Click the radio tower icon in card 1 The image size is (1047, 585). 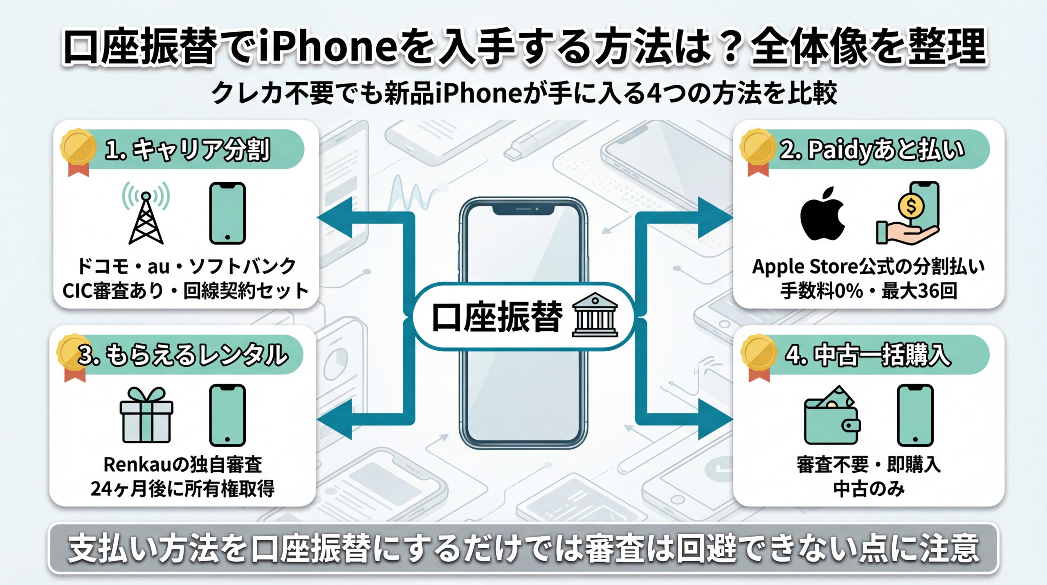click(x=146, y=215)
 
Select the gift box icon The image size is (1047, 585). click(x=146, y=416)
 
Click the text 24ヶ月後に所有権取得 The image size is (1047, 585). click(x=182, y=489)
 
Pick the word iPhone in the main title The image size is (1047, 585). click(x=328, y=46)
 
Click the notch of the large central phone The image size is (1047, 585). click(x=523, y=210)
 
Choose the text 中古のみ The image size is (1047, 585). click(x=869, y=489)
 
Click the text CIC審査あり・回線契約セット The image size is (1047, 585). click(x=186, y=291)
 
